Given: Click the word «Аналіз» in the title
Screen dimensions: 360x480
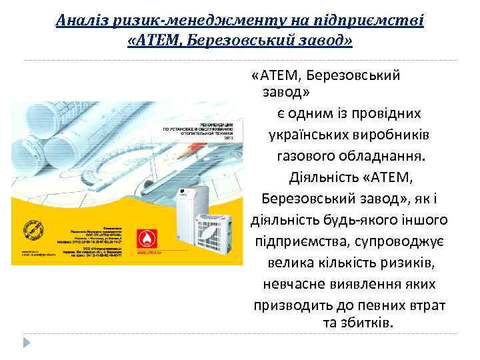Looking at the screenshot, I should pyautogui.click(x=79, y=20).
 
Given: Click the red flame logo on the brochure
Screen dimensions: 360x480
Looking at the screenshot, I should pyautogui.click(x=145, y=239).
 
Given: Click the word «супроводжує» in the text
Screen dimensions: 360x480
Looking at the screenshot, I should pyautogui.click(x=399, y=241).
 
